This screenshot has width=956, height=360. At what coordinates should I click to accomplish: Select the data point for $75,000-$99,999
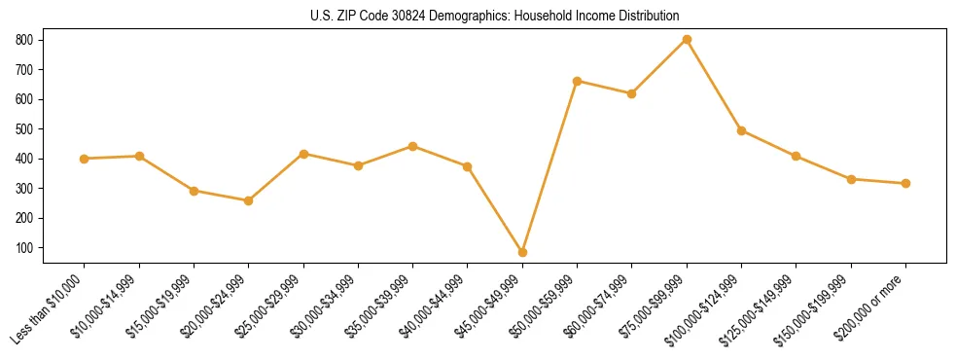(687, 40)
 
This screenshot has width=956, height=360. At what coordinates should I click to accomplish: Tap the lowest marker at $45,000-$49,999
(522, 252)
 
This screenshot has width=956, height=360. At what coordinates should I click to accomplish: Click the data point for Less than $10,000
(85, 159)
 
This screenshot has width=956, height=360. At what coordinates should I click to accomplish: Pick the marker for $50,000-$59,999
(578, 81)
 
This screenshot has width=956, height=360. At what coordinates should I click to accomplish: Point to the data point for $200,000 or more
(905, 183)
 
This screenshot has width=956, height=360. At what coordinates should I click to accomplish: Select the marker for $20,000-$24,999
(249, 200)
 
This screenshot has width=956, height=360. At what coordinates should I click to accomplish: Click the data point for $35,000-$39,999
(412, 146)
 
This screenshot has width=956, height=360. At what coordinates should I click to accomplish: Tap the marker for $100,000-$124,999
(741, 130)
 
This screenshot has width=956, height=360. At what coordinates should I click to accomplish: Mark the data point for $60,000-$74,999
(632, 93)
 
